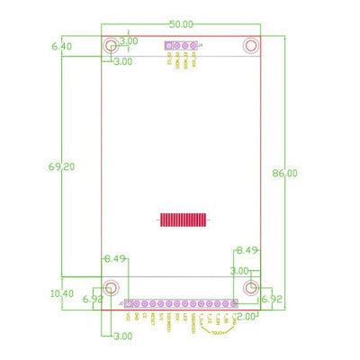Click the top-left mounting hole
coord(111,45)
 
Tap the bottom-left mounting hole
coord(111,287)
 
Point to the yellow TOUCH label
coord(217,332)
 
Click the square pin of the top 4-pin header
coord(168,44)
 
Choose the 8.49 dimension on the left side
coord(115,259)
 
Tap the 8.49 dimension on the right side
coord(247,250)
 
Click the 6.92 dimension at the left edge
coord(93,299)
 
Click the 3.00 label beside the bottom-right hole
coord(239,270)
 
